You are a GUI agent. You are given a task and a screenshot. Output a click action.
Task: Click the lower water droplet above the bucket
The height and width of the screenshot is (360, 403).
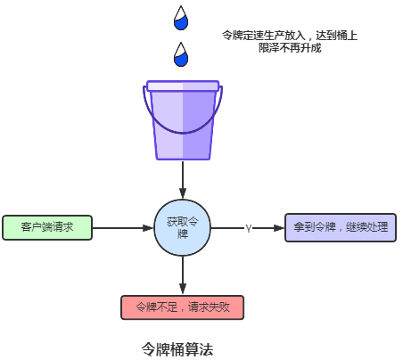pyautogui.click(x=182, y=55)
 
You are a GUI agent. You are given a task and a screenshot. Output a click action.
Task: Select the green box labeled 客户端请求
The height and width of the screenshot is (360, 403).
pyautogui.click(x=46, y=227)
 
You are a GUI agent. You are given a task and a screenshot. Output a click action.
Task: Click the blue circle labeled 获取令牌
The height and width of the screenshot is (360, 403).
pyautogui.click(x=183, y=227)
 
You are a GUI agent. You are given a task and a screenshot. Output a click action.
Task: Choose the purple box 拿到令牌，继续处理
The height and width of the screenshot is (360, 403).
pyautogui.click(x=341, y=227)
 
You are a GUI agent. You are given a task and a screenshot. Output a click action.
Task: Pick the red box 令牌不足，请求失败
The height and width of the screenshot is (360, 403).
pyautogui.click(x=183, y=307)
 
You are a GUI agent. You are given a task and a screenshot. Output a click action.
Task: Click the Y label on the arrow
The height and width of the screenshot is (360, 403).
pyautogui.click(x=248, y=228)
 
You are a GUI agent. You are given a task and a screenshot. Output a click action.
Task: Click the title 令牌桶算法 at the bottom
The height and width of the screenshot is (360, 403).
pyautogui.click(x=178, y=348)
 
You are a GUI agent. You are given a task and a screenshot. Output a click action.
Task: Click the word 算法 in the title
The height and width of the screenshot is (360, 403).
pyautogui.click(x=201, y=348)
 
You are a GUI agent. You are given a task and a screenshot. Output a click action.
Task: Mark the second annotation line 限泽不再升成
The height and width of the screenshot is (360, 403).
pyautogui.click(x=290, y=47)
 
